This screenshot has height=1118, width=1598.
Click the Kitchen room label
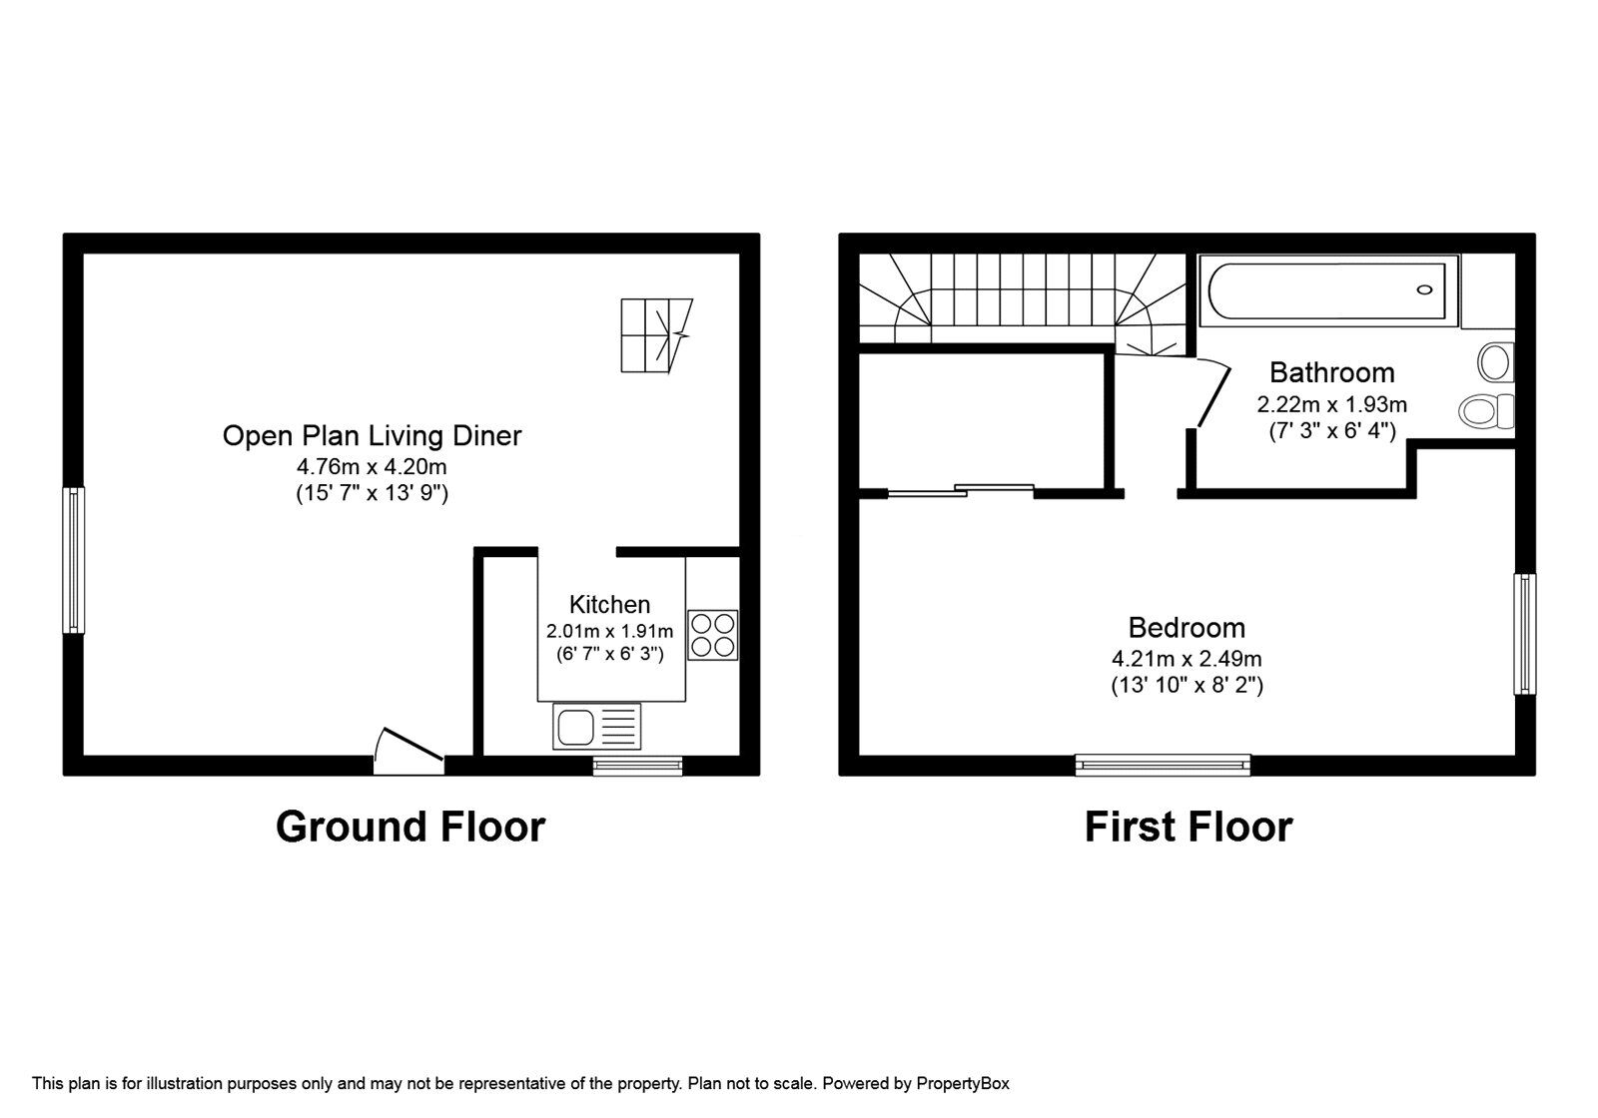click(x=609, y=604)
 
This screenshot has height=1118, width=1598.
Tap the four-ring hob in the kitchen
click(x=713, y=635)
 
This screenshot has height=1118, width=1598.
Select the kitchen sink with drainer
click(x=596, y=727)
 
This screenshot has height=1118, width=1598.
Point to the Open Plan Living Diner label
click(x=372, y=435)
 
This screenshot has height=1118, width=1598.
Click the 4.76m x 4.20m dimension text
click(x=372, y=466)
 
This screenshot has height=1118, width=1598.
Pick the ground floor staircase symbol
click(x=656, y=335)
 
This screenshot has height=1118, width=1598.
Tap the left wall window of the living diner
click(x=74, y=559)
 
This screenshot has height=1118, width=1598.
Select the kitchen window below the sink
click(x=637, y=766)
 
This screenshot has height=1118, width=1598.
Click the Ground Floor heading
click(x=409, y=827)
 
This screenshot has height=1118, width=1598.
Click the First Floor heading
click(x=1188, y=827)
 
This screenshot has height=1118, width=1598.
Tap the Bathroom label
click(x=1331, y=372)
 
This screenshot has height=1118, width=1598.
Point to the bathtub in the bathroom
click(x=1327, y=290)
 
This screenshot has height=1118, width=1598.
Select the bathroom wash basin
click(x=1496, y=361)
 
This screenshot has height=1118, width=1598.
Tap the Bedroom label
click(x=1187, y=627)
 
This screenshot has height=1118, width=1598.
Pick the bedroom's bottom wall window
click(x=1163, y=765)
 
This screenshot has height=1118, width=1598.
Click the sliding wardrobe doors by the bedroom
click(x=961, y=489)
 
